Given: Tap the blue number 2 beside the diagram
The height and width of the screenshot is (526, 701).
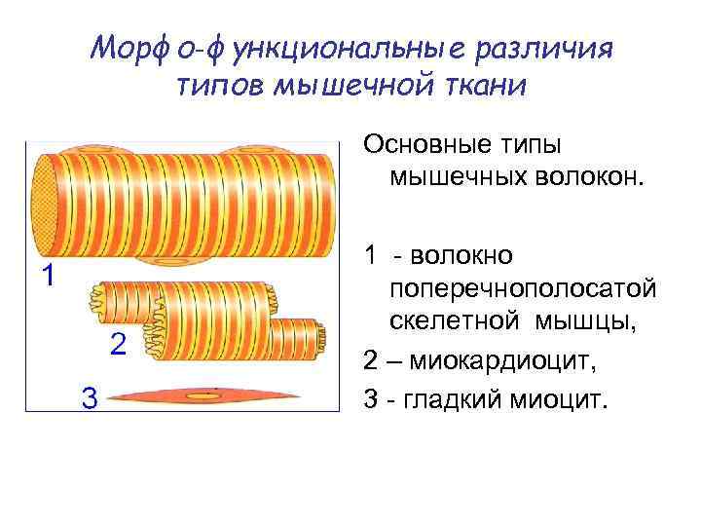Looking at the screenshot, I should [x=117, y=344].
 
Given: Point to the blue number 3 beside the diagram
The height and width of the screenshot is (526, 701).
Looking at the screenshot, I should [x=89, y=397].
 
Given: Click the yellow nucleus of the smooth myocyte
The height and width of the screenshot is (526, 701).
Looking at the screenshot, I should [x=205, y=396].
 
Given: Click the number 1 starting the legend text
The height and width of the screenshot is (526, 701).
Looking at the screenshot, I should [x=371, y=256].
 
